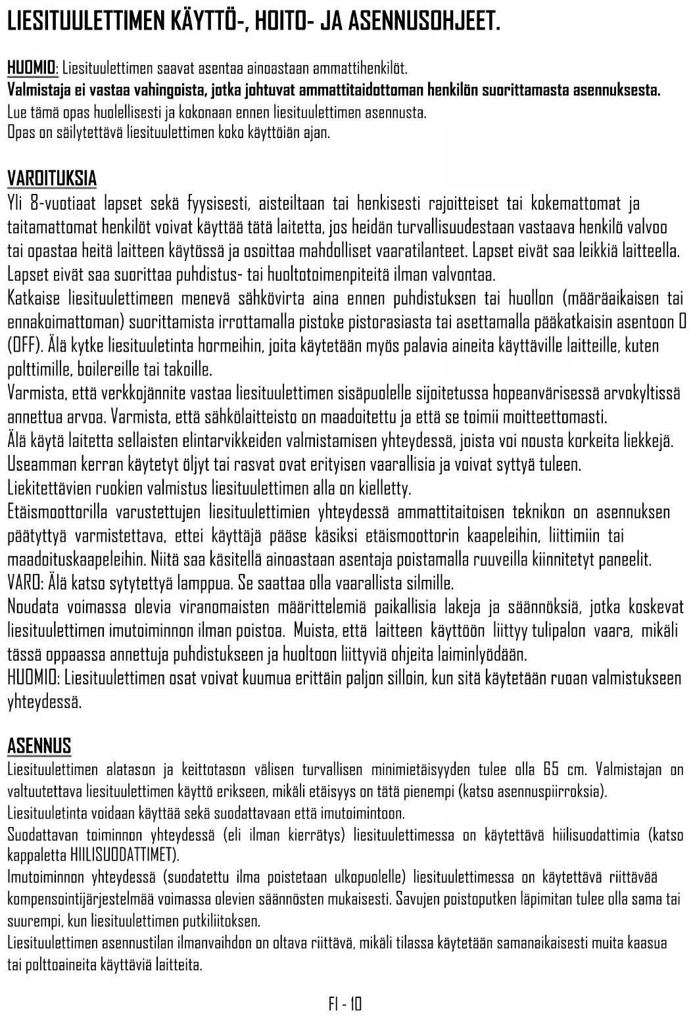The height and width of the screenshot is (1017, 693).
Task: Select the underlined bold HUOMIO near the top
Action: tap(31, 68)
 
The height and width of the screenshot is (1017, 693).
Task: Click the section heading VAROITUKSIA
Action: tap(52, 178)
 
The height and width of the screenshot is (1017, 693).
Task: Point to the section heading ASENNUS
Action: tap(39, 746)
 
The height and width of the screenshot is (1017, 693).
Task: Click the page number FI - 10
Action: tap(345, 1004)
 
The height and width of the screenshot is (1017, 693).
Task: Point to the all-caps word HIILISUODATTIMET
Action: tap(122, 856)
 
